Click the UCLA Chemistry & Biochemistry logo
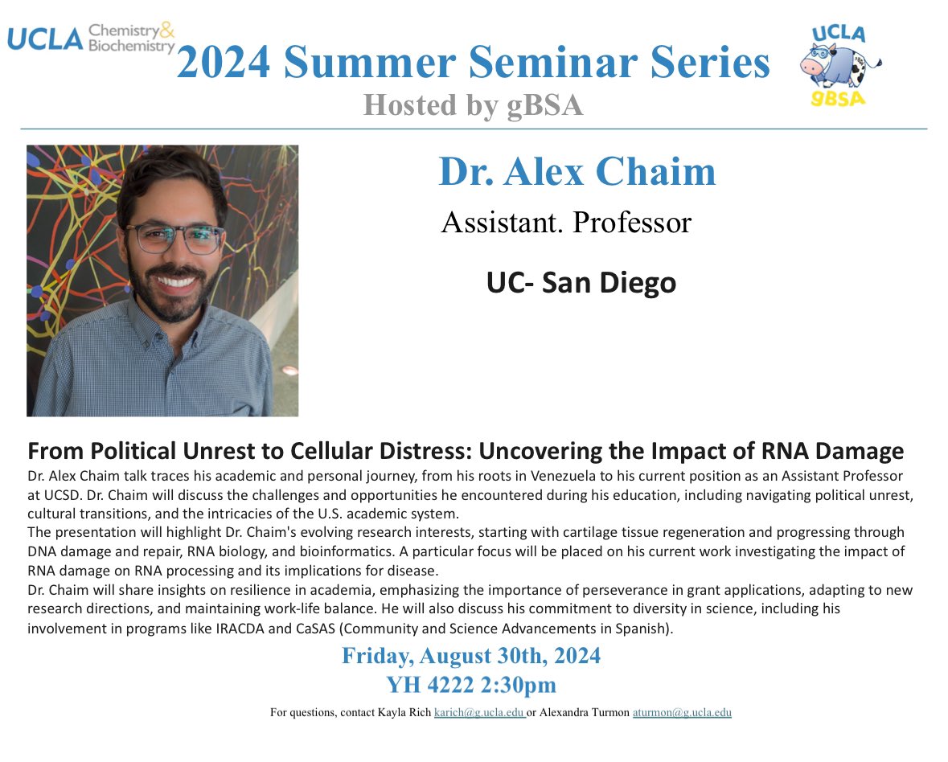91,38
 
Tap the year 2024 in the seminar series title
224,63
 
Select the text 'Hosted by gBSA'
473,104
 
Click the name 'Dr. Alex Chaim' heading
577,171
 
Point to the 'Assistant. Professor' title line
566,222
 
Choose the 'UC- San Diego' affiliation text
581,282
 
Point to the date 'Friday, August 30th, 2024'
471,656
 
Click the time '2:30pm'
522,685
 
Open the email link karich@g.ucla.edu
479,712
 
